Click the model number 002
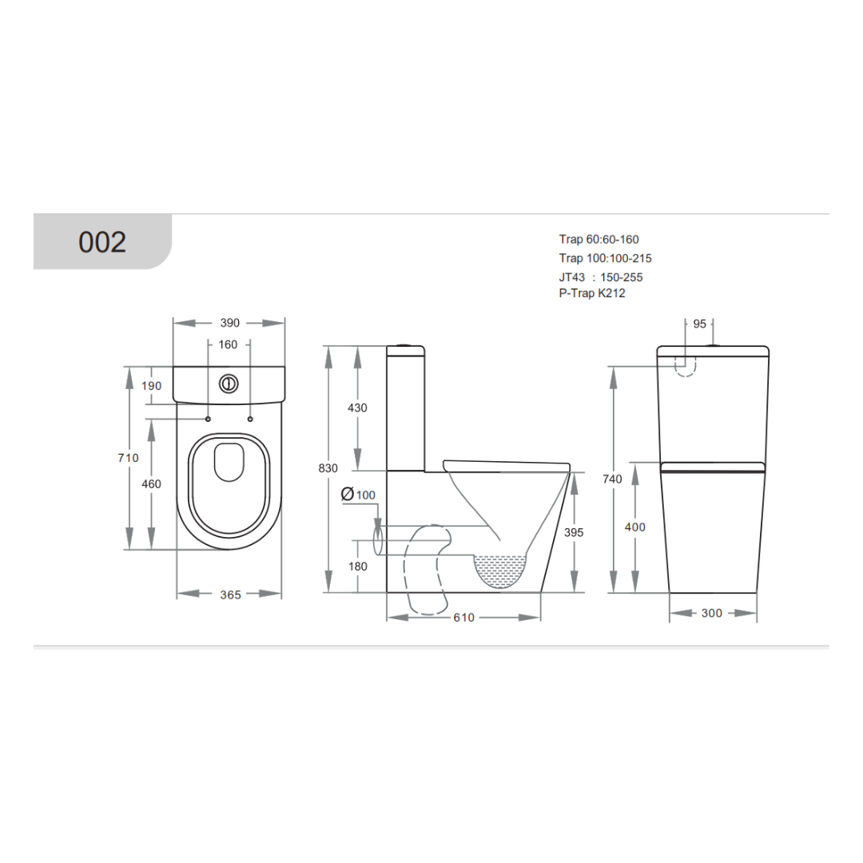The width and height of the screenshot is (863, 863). pyautogui.click(x=102, y=241)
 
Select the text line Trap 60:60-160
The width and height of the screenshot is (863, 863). pyautogui.click(x=599, y=239)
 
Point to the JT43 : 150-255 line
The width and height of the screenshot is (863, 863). pyautogui.click(x=600, y=277)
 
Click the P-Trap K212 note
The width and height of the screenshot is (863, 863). pyautogui.click(x=592, y=292)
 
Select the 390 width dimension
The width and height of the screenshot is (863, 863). pyautogui.click(x=229, y=323)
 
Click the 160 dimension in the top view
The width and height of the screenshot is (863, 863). pyautogui.click(x=228, y=345)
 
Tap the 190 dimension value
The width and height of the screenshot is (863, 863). pyautogui.click(x=151, y=386)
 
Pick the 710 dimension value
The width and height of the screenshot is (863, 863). pyautogui.click(x=129, y=458)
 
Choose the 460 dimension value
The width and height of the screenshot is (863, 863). pyautogui.click(x=151, y=484)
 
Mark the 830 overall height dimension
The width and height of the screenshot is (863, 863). pyautogui.click(x=328, y=468)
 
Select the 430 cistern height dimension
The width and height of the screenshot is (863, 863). pyautogui.click(x=357, y=408)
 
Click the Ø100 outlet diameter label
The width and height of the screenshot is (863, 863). pyautogui.click(x=358, y=495)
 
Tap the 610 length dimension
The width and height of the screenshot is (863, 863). pyautogui.click(x=463, y=618)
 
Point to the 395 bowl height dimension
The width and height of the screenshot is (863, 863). pyautogui.click(x=574, y=532)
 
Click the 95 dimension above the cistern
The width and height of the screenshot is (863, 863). pyautogui.click(x=699, y=324)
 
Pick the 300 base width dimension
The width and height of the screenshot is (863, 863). pyautogui.click(x=712, y=613)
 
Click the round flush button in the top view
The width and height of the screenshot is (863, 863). pyautogui.click(x=229, y=384)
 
